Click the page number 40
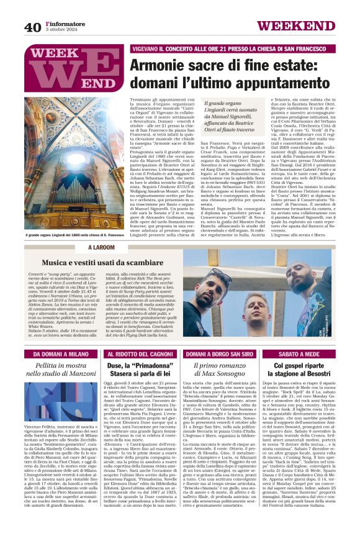click(32, 27)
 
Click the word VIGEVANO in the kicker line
click(149, 48)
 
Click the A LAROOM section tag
click(102, 248)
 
